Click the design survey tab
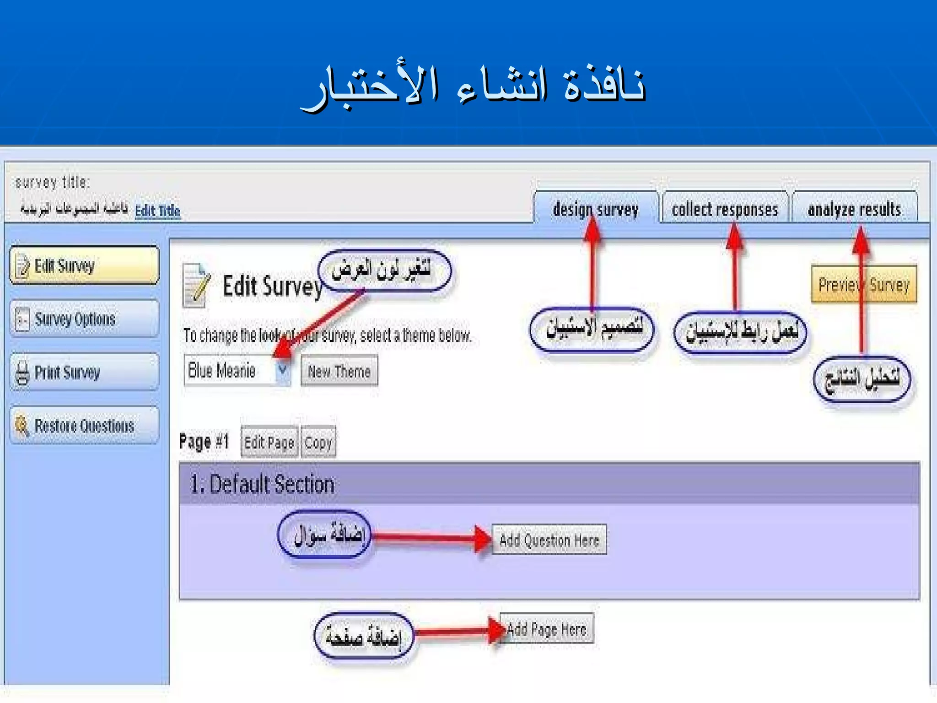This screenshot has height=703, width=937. [x=595, y=209]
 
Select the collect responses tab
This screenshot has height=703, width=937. [x=725, y=209]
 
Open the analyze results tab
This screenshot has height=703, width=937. [x=854, y=209]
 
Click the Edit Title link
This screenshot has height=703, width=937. [x=157, y=211]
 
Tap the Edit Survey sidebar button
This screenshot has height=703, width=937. [x=85, y=265]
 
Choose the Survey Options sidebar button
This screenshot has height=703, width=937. [x=85, y=319]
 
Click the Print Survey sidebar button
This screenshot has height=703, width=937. [x=85, y=372]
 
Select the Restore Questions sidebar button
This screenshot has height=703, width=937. [x=85, y=426]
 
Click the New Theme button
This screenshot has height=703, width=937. [x=339, y=371]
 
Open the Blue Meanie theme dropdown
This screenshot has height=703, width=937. [x=283, y=370]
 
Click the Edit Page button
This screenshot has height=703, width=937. [x=269, y=442]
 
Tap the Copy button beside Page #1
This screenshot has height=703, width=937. [x=318, y=442]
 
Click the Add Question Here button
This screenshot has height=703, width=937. [x=549, y=540]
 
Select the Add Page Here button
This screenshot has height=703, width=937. [x=547, y=629]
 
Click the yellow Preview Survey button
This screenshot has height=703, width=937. [x=864, y=285]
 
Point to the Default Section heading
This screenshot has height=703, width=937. [x=262, y=484]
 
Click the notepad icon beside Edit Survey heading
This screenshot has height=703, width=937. [x=196, y=286]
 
